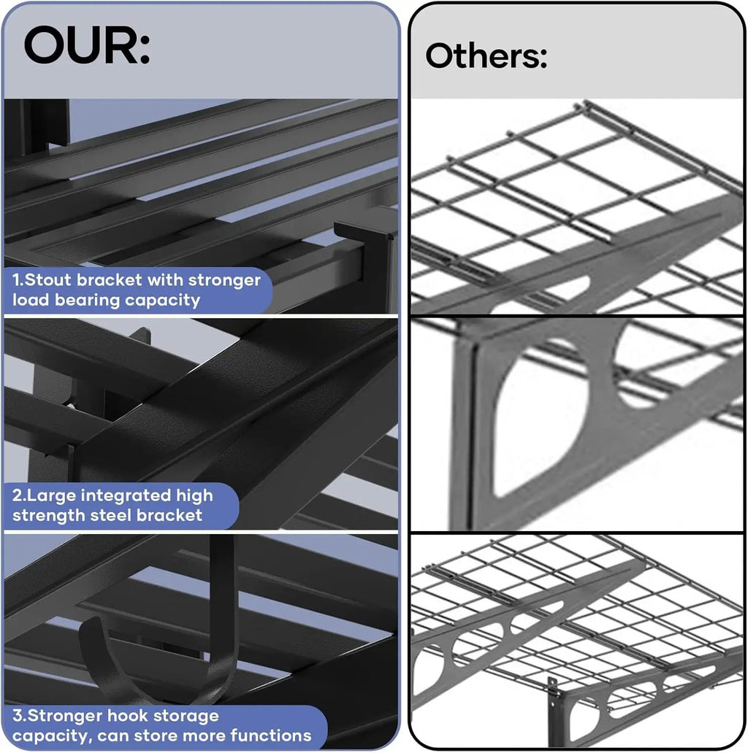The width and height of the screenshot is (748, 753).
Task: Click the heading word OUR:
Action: pos(87,46)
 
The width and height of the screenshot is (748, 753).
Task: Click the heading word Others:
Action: pos(486,55)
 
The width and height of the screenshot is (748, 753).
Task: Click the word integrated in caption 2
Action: pos(126,495)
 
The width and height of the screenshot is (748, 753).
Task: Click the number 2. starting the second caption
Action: pos(19,495)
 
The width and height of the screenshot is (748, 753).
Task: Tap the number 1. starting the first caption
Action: pos(18,279)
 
